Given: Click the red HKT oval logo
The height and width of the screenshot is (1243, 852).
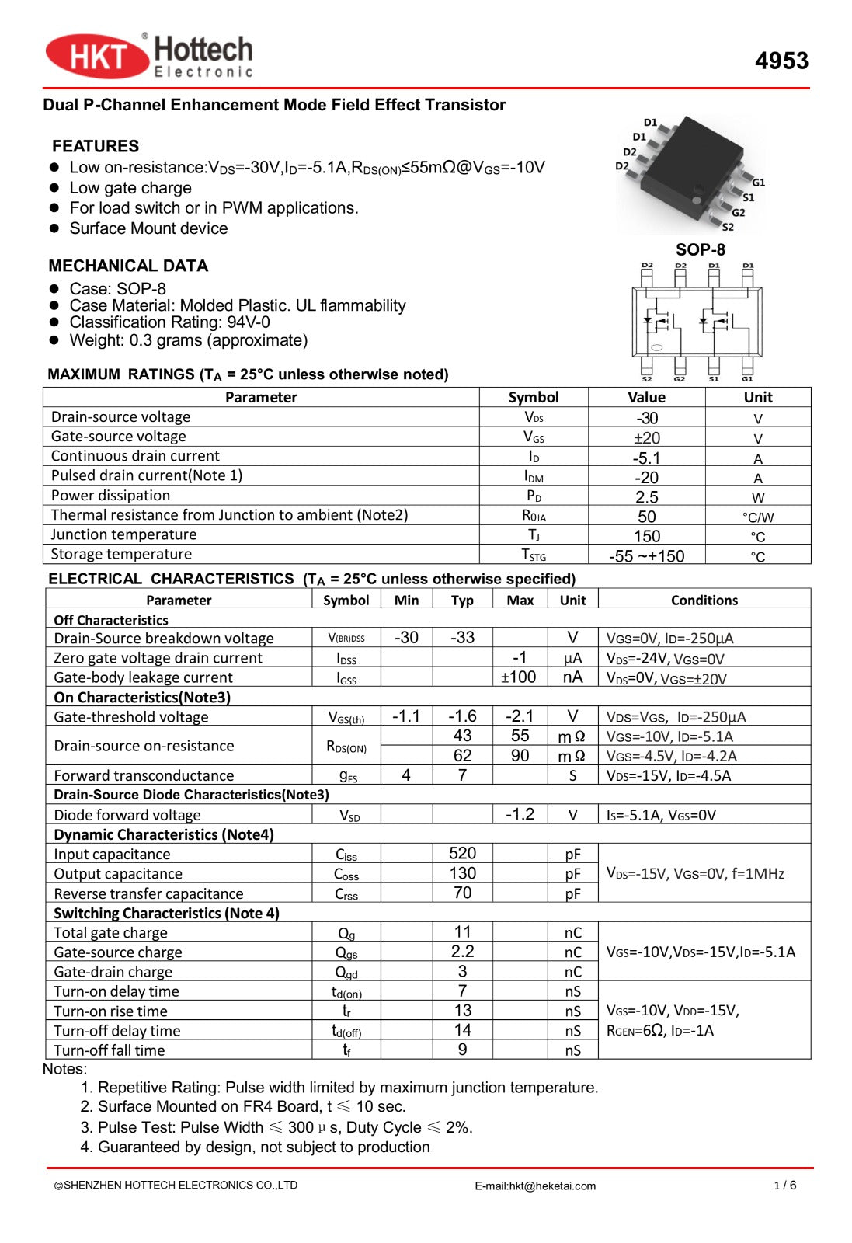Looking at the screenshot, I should pyautogui.click(x=97, y=57).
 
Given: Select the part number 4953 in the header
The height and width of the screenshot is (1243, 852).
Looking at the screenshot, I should pyautogui.click(x=781, y=61).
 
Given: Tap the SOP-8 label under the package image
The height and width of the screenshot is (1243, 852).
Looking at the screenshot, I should pyautogui.click(x=700, y=249).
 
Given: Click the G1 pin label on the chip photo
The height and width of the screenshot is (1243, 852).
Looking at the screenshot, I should pyautogui.click(x=758, y=183).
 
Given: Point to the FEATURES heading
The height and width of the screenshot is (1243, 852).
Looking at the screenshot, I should pyautogui.click(x=96, y=146).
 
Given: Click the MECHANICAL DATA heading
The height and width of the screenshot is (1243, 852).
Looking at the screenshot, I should pyautogui.click(x=128, y=266).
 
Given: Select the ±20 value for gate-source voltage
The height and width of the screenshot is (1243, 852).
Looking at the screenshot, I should pyautogui.click(x=646, y=438).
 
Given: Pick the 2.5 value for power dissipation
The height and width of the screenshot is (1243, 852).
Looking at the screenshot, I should pyautogui.click(x=646, y=497).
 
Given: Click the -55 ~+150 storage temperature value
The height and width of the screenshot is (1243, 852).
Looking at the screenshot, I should pyautogui.click(x=646, y=556).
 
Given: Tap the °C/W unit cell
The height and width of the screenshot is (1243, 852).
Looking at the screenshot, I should pyautogui.click(x=757, y=517).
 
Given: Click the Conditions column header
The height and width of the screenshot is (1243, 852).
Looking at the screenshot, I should pyautogui.click(x=704, y=600).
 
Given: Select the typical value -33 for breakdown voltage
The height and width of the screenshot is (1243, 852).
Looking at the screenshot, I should pyautogui.click(x=462, y=638).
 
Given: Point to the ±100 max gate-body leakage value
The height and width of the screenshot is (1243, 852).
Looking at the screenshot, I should pyautogui.click(x=518, y=677).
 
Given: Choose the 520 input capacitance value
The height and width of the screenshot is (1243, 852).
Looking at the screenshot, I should pyautogui.click(x=462, y=854).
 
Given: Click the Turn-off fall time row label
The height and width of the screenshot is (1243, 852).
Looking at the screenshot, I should pyautogui.click(x=110, y=1050).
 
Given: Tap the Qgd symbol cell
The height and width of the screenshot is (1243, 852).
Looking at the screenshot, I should pyautogui.click(x=346, y=972).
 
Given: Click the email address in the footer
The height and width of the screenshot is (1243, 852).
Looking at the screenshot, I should pyautogui.click(x=535, y=1186).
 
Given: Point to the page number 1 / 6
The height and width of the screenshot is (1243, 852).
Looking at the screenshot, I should pyautogui.click(x=784, y=1185).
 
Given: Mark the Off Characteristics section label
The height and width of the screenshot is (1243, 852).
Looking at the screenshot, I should pyautogui.click(x=111, y=620).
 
